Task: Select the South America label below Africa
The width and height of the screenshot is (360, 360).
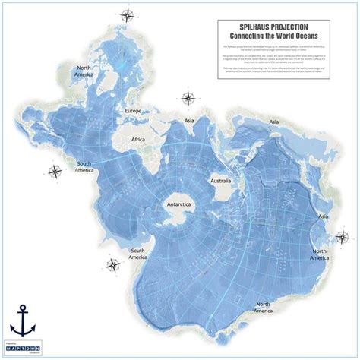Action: tap(88, 166)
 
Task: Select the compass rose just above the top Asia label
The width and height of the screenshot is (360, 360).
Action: tap(187, 97)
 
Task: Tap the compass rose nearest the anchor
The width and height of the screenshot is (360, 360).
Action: tap(113, 264)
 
